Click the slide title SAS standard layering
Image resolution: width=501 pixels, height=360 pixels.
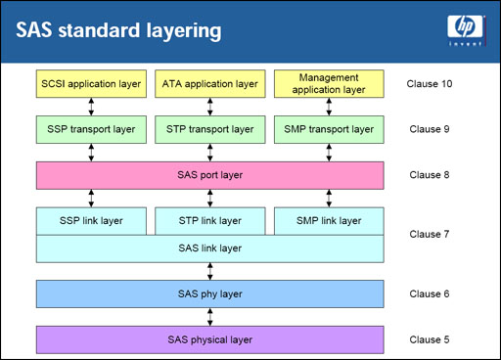tap(118, 30)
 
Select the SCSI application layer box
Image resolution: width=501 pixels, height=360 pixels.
tap(92, 83)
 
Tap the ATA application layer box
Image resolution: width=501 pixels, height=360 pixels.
tap(209, 83)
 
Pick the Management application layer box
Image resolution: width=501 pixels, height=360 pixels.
tap(328, 83)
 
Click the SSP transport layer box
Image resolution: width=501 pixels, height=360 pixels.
tap(92, 128)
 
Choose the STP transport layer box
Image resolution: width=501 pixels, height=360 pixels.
tap(209, 128)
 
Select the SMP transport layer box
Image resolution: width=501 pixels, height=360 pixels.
tap(328, 128)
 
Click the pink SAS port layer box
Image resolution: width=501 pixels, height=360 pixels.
tap(209, 175)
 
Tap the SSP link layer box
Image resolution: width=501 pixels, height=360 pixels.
tap(92, 220)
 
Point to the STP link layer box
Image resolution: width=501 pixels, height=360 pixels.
tap(209, 220)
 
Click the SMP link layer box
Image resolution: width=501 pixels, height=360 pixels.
tap(328, 220)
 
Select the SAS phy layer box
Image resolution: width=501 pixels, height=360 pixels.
tap(209, 293)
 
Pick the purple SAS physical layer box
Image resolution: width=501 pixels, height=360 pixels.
tap(209, 339)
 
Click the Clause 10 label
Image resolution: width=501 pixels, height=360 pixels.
tap(431, 83)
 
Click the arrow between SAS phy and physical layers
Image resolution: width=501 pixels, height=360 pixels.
tap(209, 316)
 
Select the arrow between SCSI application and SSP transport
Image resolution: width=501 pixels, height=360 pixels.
tap(92, 106)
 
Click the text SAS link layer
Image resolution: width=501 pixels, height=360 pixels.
tap(209, 248)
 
